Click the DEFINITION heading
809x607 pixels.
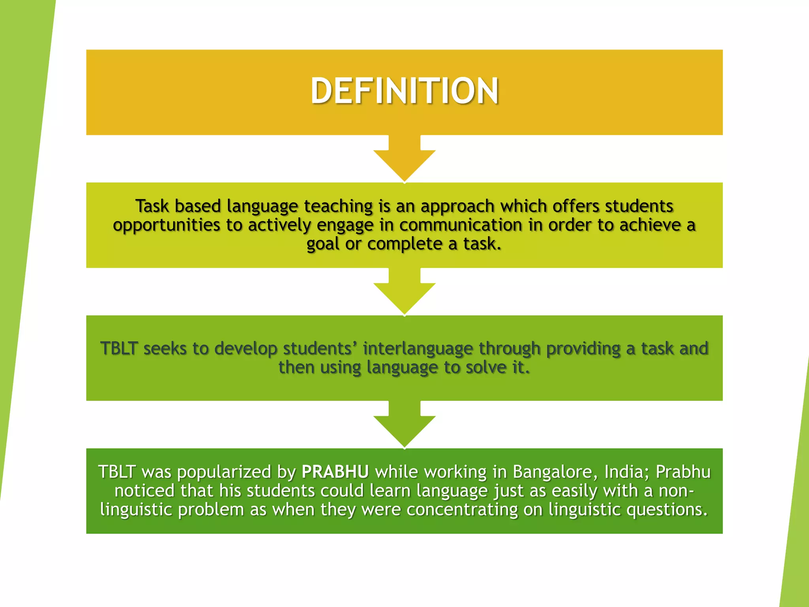tap(404, 91)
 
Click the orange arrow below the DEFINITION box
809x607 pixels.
tap(404, 160)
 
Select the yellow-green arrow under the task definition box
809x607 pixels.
tap(404, 293)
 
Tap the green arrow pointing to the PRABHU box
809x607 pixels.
tap(404, 426)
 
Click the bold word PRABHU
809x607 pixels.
tap(335, 472)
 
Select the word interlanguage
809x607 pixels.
tap(418, 349)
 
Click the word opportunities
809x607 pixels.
tap(166, 225)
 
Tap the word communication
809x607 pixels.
tap(461, 225)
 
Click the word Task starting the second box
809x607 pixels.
tap(152, 206)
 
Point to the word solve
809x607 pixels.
tap(486, 368)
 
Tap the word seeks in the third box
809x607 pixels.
tap(165, 349)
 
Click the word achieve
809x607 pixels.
tap(650, 225)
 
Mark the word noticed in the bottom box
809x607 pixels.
tap(144, 491)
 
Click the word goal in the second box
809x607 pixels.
tap(323, 244)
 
